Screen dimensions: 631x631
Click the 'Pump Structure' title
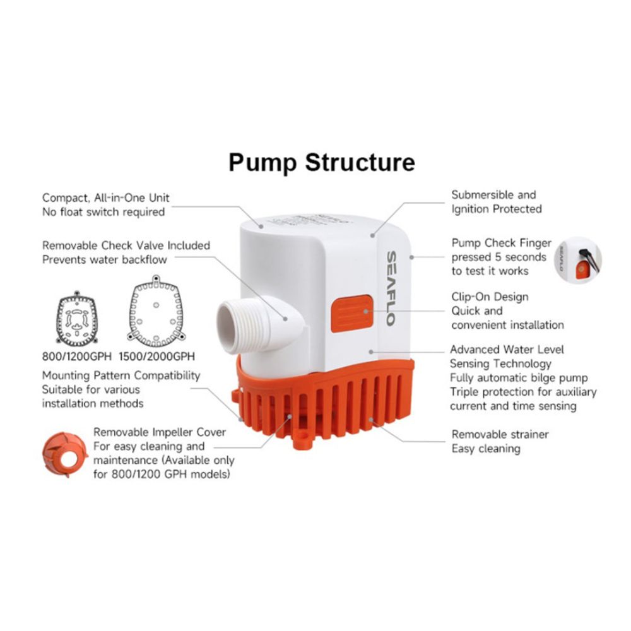pos(322,162)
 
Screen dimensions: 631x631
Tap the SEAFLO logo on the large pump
pos(391,288)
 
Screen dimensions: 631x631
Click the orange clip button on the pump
pos(351,314)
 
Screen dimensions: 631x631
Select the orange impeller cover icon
pos(65,455)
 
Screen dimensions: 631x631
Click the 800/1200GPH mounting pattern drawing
pos(77,319)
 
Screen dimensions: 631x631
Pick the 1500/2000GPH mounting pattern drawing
pos(156,310)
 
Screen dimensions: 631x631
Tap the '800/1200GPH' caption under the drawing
pos(76,357)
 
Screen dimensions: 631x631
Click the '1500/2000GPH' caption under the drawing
pos(157,357)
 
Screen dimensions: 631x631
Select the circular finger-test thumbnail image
pos(578,260)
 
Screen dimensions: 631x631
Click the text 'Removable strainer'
pos(500,434)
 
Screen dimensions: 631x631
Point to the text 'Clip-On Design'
pos(490,297)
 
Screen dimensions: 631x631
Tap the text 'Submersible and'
pos(494,195)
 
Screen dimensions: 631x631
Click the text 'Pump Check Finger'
pos(502,243)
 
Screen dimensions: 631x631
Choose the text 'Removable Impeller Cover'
pos(160,432)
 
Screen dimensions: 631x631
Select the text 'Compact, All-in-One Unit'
pos(106,198)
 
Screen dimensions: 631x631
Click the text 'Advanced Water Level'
pos(507,350)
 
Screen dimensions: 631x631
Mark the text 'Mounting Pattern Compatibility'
pos(121,375)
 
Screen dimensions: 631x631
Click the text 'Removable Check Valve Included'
pos(126,245)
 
